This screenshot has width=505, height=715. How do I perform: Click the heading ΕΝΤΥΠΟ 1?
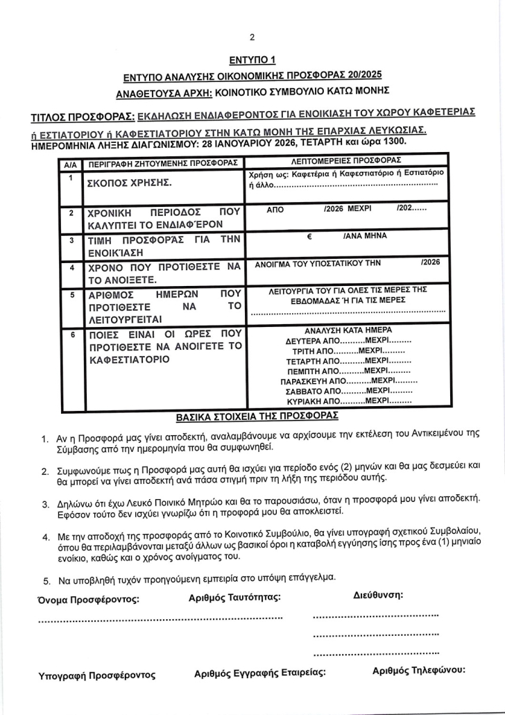252,60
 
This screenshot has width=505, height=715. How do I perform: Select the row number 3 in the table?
71,240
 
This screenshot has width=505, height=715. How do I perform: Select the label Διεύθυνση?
378,594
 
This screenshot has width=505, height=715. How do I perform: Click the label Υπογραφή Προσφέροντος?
97,675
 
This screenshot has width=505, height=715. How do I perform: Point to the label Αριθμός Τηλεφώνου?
418,671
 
